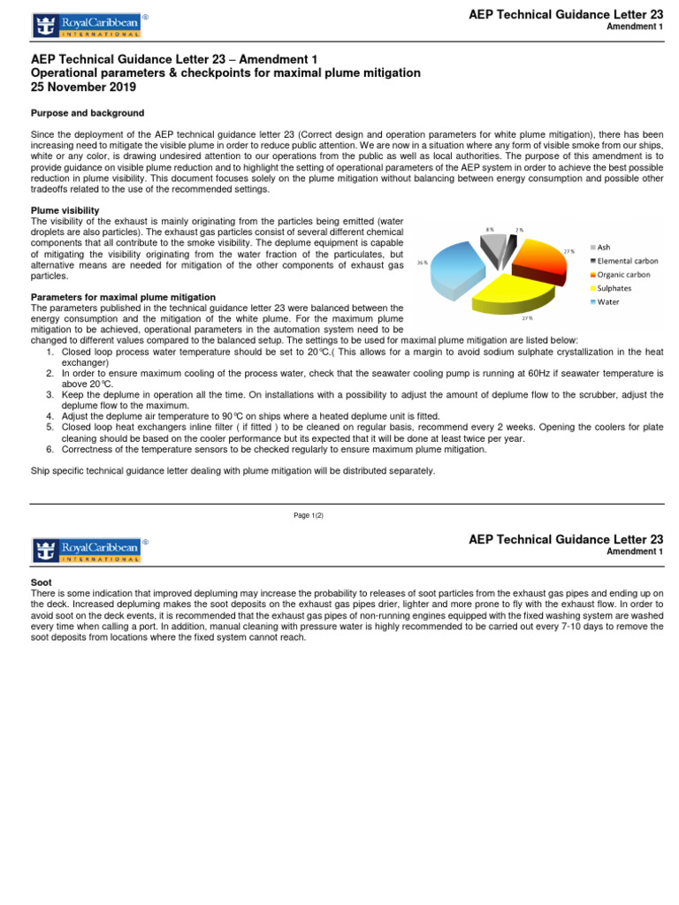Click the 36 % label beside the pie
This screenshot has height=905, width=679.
pos(422,262)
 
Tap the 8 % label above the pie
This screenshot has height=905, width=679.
pos(490,229)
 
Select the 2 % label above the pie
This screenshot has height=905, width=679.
pos(520,230)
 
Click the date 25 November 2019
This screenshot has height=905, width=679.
pos(84,87)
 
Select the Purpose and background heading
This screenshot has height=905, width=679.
pos(88,113)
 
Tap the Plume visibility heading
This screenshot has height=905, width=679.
pos(65,209)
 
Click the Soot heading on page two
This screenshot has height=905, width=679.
pos(42,583)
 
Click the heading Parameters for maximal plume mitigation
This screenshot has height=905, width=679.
pos(123,296)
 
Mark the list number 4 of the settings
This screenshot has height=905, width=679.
pos(50,415)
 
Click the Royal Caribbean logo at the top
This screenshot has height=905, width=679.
pos(87,26)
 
